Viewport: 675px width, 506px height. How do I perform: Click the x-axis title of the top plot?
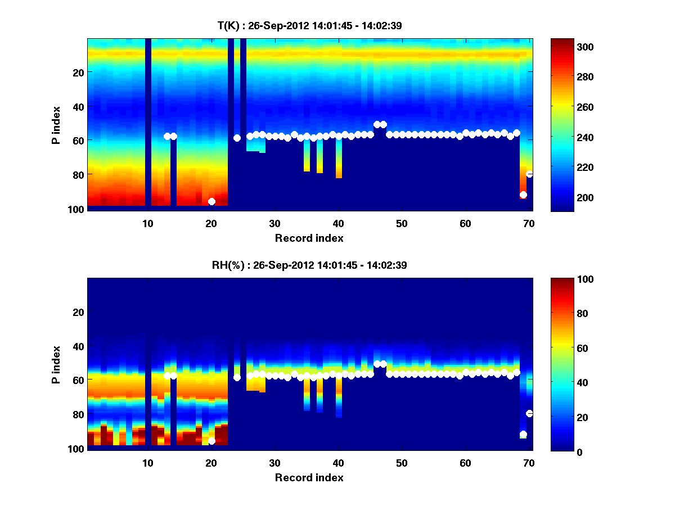pyautogui.click(x=309, y=238)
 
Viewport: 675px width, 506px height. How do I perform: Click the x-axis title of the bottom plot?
pyautogui.click(x=309, y=477)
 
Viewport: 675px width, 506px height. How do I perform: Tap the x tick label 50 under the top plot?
pyautogui.click(x=402, y=223)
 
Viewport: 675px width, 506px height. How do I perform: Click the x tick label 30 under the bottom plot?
pyautogui.click(x=274, y=463)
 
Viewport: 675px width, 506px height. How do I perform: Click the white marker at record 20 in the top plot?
pyautogui.click(x=211, y=201)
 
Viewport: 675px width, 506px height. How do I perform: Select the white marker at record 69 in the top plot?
pyautogui.click(x=523, y=195)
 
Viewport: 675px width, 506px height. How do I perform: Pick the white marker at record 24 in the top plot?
pyautogui.click(x=237, y=138)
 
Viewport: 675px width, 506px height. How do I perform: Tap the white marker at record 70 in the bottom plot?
pyautogui.click(x=529, y=413)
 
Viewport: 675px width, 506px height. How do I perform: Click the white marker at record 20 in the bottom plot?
pyautogui.click(x=211, y=441)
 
